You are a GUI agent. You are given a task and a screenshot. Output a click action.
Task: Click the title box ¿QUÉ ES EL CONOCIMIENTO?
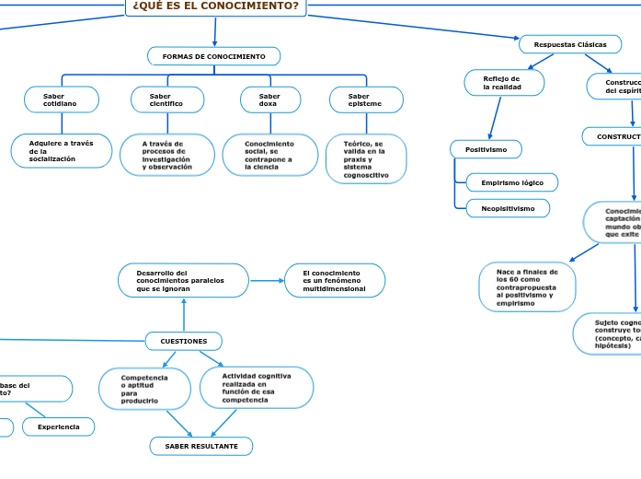tap(216, 7)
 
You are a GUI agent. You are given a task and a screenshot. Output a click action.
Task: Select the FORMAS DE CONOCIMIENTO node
tap(214, 57)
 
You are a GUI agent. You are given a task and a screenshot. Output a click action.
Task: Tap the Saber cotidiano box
tap(61, 99)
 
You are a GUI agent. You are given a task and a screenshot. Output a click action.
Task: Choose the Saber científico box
tap(166, 99)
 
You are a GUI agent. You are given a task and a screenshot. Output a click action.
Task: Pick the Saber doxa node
tap(269, 99)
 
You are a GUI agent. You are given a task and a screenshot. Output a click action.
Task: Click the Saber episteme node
tap(365, 99)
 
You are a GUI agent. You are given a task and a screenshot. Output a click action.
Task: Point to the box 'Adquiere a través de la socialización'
tap(62, 151)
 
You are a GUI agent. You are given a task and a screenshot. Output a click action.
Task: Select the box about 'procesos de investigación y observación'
tap(166, 155)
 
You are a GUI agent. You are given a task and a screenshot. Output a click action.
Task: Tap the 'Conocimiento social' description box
tap(269, 155)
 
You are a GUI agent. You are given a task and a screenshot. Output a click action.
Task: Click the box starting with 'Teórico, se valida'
tap(365, 159)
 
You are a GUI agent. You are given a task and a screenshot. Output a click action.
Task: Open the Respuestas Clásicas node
tap(570, 44)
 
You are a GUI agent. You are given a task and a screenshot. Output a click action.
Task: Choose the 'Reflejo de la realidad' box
tap(503, 83)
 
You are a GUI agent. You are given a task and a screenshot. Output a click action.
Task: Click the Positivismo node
tap(486, 149)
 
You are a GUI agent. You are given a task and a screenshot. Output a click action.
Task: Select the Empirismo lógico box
tap(512, 182)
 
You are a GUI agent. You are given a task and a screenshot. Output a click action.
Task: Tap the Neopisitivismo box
tap(508, 208)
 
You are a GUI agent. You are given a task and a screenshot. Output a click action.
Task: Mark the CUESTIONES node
tap(184, 341)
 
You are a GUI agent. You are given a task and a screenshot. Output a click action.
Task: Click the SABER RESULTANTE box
tap(201, 446)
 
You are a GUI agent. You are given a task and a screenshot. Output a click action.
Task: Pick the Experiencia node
tap(59, 426)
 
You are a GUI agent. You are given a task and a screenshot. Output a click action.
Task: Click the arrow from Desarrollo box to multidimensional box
tap(267, 281)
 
